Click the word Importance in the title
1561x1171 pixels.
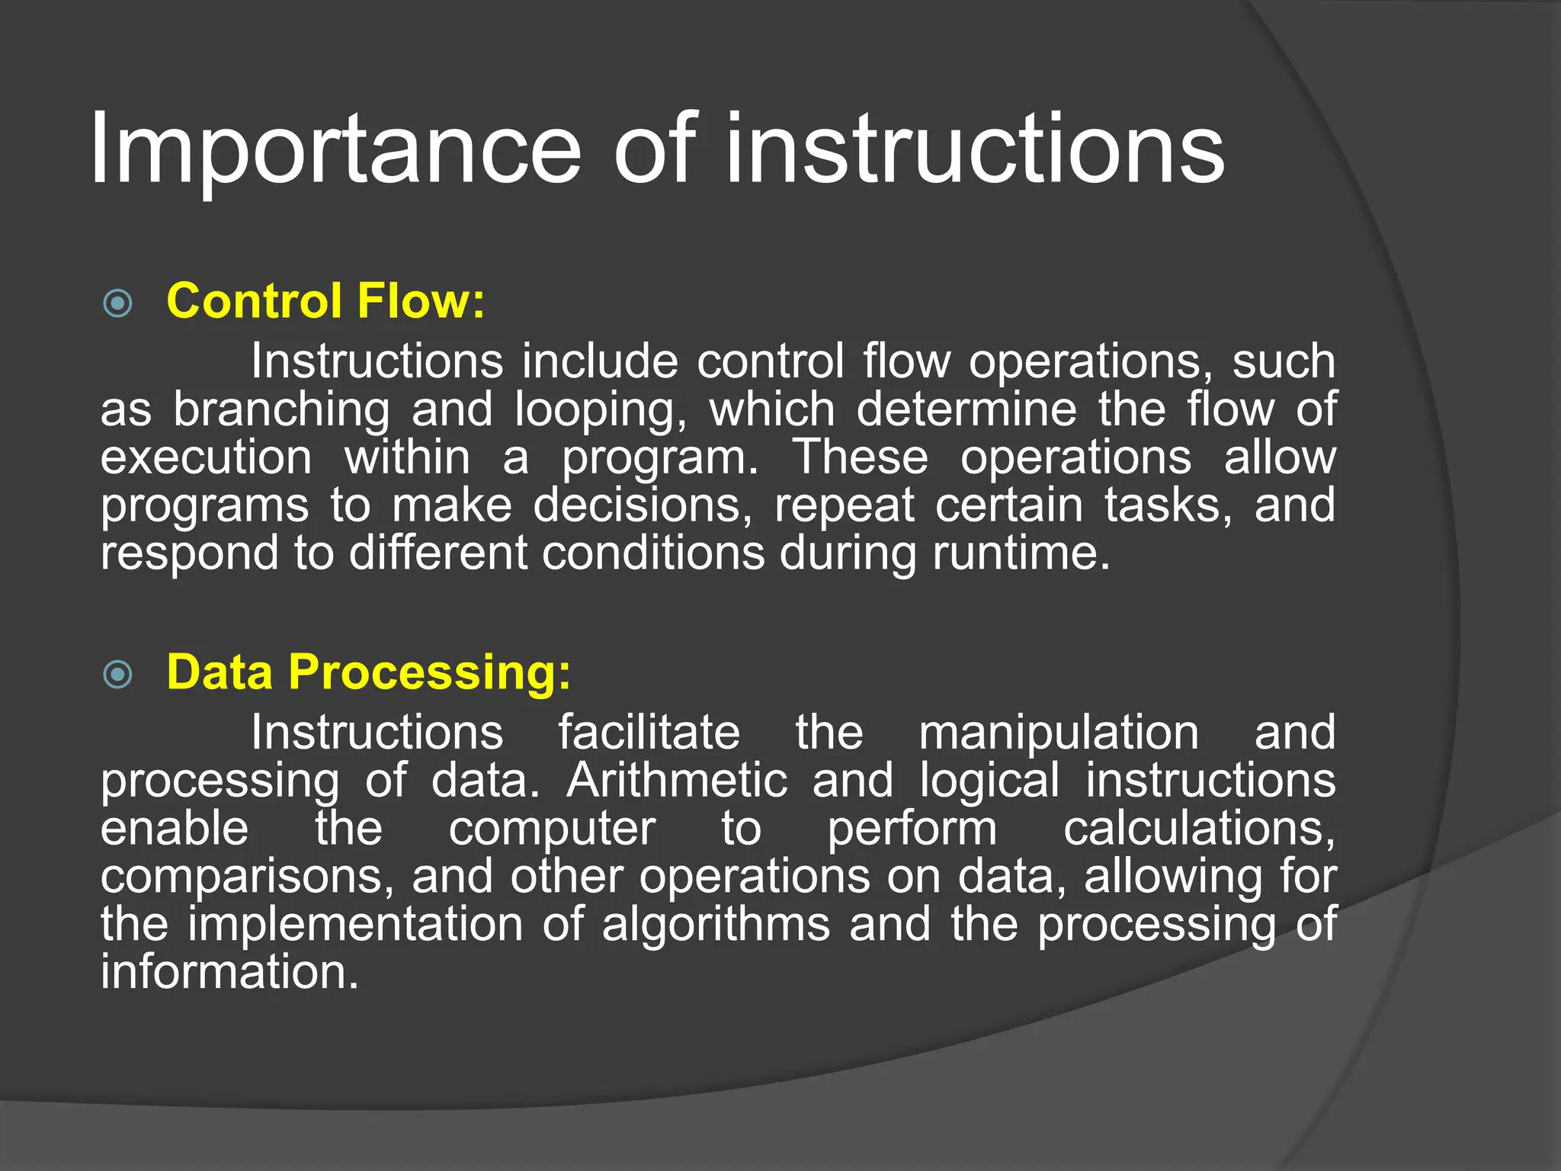(x=335, y=150)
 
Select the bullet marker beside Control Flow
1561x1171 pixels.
(x=117, y=303)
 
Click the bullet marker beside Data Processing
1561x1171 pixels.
(x=117, y=674)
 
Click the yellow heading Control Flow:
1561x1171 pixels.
(x=325, y=301)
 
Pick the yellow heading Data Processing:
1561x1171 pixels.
(x=368, y=672)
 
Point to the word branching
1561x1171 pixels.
(x=281, y=409)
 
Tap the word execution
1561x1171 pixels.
(x=206, y=457)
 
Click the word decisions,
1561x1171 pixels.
(x=643, y=505)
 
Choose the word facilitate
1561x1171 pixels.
(x=649, y=733)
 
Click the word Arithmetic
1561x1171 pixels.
(x=677, y=781)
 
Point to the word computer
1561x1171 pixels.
(x=552, y=829)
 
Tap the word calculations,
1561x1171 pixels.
(x=1199, y=829)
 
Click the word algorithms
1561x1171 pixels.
(x=716, y=925)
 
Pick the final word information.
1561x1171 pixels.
(x=229, y=973)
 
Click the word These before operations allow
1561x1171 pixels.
(x=861, y=457)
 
